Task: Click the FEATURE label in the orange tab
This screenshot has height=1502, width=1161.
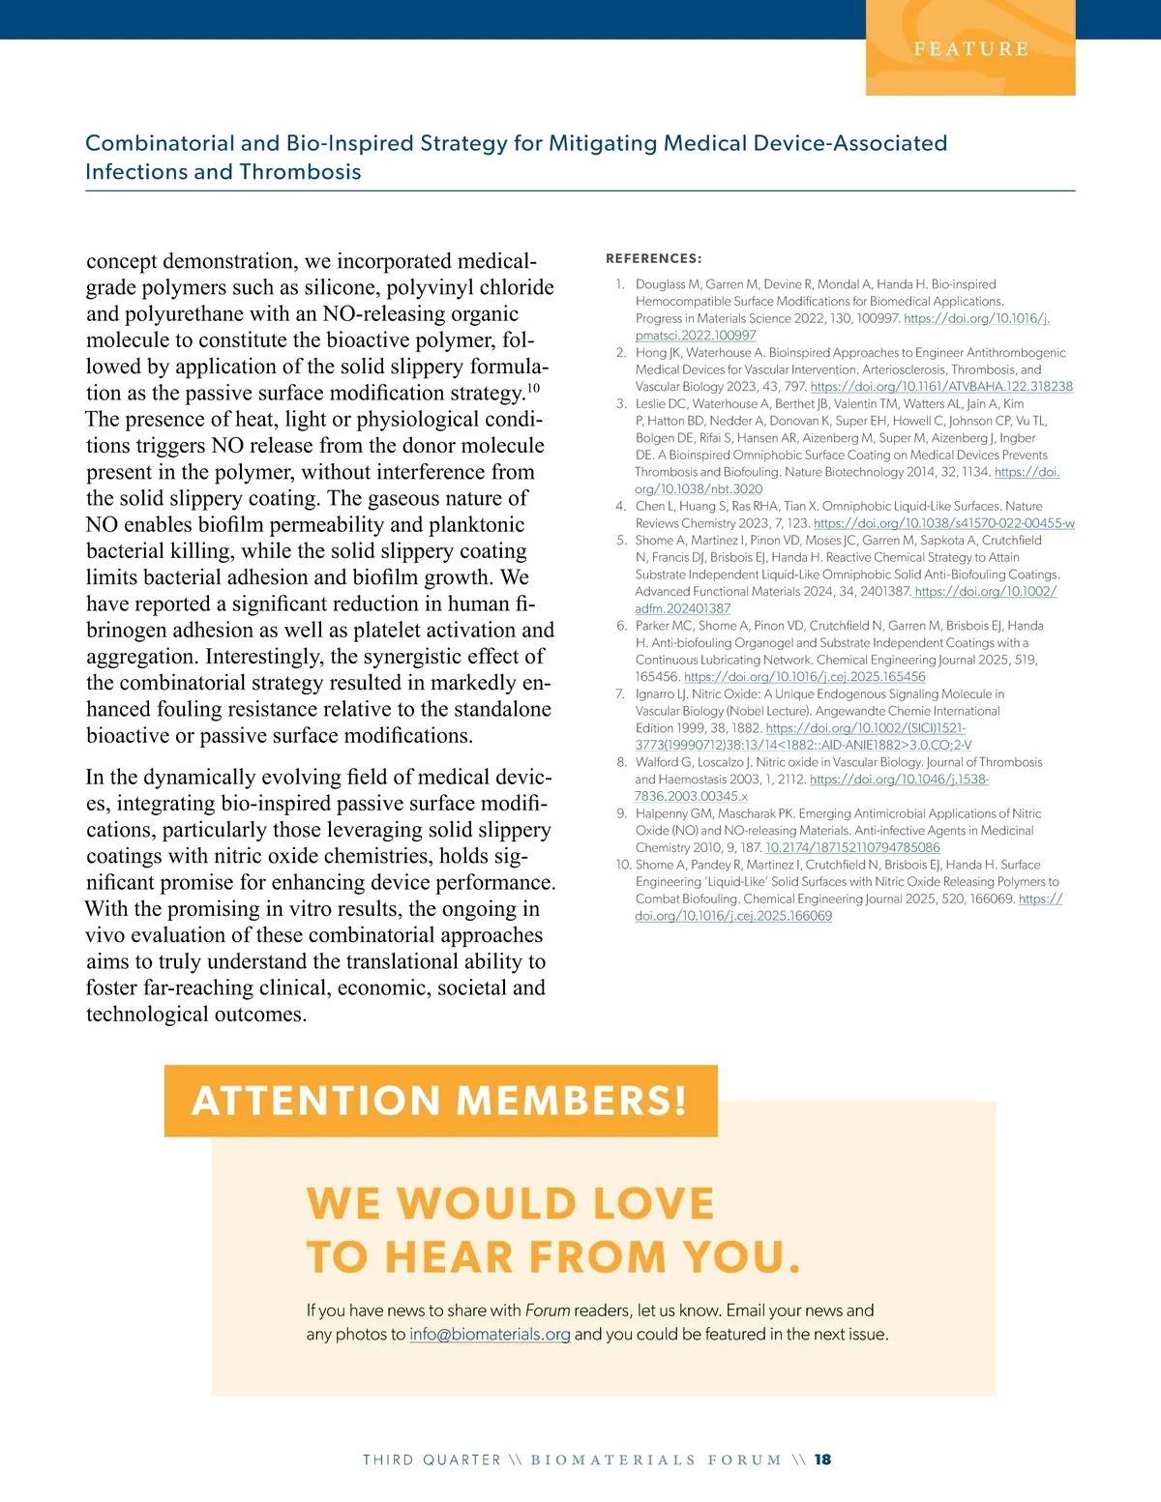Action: tap(970, 48)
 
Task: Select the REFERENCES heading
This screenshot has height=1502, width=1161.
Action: tap(653, 258)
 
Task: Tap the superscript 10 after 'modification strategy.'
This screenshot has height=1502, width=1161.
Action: tap(533, 388)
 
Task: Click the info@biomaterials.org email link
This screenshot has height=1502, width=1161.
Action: tap(490, 1335)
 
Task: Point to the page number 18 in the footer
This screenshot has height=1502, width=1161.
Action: tap(822, 1459)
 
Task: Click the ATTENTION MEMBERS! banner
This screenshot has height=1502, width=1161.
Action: tap(440, 1101)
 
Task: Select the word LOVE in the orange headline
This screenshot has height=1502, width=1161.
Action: tap(653, 1203)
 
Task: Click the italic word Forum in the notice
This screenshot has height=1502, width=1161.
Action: tap(548, 1311)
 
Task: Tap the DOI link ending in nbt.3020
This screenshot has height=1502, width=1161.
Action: tap(699, 489)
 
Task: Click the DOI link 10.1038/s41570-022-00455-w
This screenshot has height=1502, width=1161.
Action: tap(943, 523)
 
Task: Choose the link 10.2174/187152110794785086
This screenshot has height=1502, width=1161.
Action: tap(852, 847)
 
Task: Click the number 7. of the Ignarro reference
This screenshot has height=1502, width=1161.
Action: tap(619, 693)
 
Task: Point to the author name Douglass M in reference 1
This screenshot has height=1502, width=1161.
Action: tap(668, 284)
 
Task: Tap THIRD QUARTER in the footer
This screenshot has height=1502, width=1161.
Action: tap(432, 1459)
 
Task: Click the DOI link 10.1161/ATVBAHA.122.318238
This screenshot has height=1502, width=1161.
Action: tap(940, 386)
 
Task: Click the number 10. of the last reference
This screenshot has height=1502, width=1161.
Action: tap(623, 865)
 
